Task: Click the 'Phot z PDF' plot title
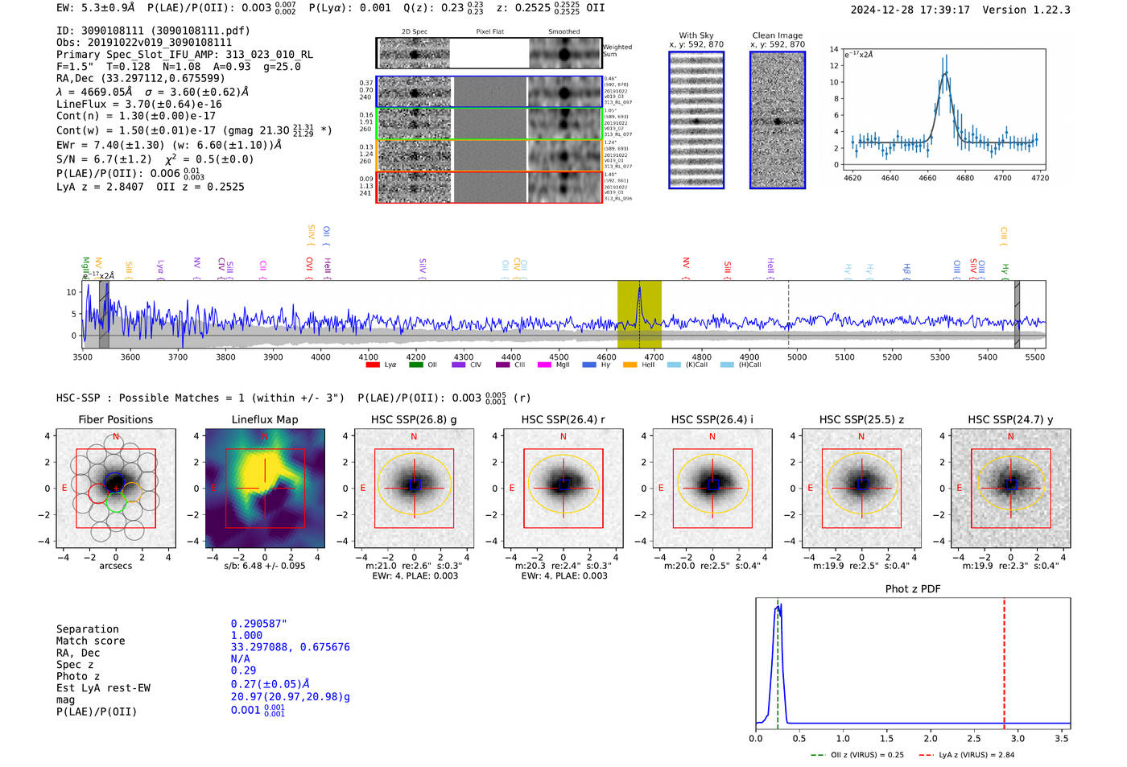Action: tap(912, 589)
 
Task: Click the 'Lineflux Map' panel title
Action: tap(265, 419)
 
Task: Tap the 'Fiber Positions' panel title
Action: tap(115, 419)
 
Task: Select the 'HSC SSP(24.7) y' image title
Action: tap(1009, 419)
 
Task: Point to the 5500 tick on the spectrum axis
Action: tap(1035, 357)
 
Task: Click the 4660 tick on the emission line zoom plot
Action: tap(927, 178)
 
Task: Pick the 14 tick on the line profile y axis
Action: tap(834, 50)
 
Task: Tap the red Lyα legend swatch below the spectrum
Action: tap(373, 365)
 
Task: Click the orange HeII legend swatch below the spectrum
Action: tap(630, 365)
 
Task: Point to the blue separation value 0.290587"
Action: tap(258, 624)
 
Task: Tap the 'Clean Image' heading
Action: tap(777, 35)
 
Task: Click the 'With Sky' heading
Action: tap(696, 35)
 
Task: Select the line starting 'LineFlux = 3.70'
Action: tap(138, 104)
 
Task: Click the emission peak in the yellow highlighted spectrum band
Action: tap(639, 290)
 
